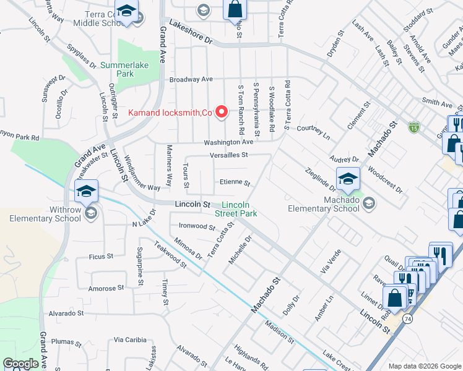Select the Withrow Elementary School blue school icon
pyautogui.click(x=87, y=190)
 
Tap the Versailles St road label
pyautogui.click(x=228, y=155)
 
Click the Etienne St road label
pyautogui.click(x=235, y=183)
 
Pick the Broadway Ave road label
pyautogui.click(x=191, y=79)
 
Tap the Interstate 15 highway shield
pyautogui.click(x=413, y=127)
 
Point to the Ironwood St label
pyautogui.click(x=196, y=226)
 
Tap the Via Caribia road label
pyautogui.click(x=130, y=339)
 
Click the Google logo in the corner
pyautogui.click(x=21, y=364)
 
